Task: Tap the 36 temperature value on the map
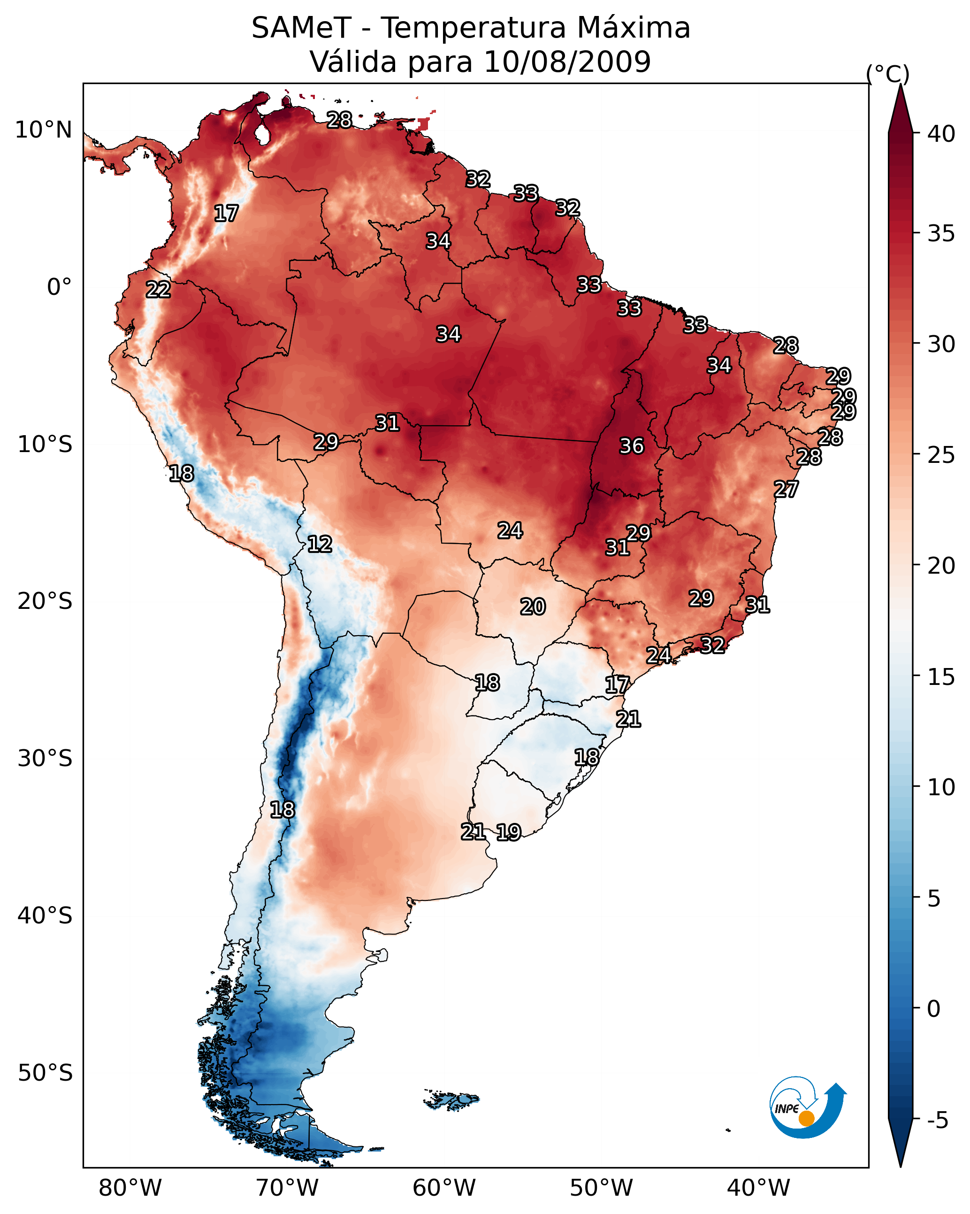pos(631,446)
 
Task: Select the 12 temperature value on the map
pos(319,544)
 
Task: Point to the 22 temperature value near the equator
pos(158,290)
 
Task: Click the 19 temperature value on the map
pos(508,832)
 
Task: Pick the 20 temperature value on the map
pos(532,607)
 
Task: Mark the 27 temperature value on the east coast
pos(786,489)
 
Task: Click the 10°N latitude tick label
pos(43,130)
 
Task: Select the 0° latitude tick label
pos(59,287)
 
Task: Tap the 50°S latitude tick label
pos(45,1073)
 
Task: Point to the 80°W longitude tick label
pos(130,1188)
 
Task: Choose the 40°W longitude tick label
pos(758,1188)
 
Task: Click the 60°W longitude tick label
pos(444,1188)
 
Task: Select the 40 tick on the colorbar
pos(941,134)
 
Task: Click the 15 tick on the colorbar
pos(941,677)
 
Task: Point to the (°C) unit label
pos(887,74)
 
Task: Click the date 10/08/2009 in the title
pos(567,61)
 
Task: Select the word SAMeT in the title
pos(301,28)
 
